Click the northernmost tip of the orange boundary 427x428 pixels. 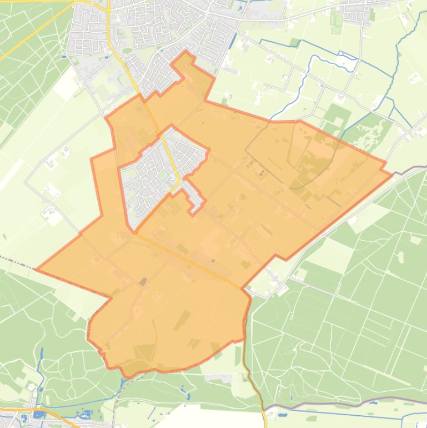click(x=187, y=51)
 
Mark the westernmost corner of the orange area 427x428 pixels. click(x=36, y=270)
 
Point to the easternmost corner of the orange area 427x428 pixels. click(x=392, y=174)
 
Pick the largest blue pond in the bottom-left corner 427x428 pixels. click(x=38, y=414)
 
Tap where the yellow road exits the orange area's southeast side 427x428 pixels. click(x=242, y=288)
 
